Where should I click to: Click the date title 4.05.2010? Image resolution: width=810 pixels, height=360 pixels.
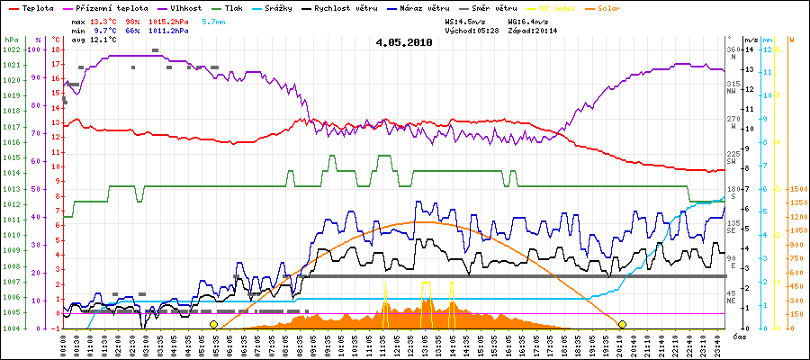coord(404,41)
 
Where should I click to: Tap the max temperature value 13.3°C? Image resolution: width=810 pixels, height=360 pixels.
coord(102,20)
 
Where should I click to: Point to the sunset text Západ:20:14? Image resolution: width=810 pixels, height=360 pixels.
coord(533,30)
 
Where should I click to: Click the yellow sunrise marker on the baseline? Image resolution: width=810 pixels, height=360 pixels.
coord(213,324)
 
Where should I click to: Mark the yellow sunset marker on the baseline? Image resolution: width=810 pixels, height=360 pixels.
coord(622,324)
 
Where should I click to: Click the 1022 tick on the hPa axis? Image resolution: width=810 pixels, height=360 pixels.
coord(11,49)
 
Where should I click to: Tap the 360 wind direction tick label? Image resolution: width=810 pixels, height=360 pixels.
coord(733,49)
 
